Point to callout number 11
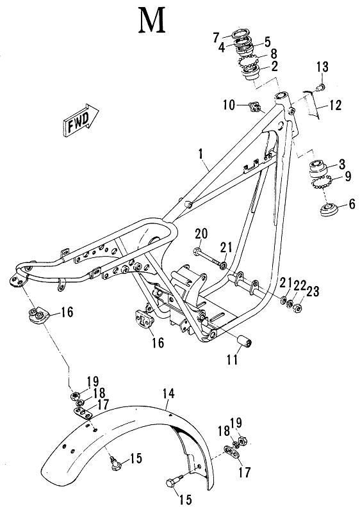coord(232,360)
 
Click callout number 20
coord(199,235)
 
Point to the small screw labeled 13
coord(322,86)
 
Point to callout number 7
coord(217,36)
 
